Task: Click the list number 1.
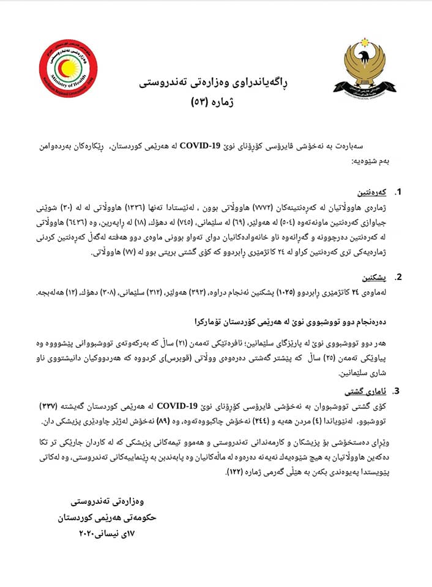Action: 398,193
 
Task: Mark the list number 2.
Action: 398,277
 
